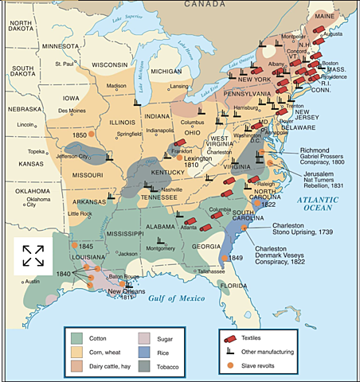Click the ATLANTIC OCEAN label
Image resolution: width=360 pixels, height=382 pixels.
(x=318, y=203)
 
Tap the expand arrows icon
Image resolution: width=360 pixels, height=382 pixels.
(x=33, y=255)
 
